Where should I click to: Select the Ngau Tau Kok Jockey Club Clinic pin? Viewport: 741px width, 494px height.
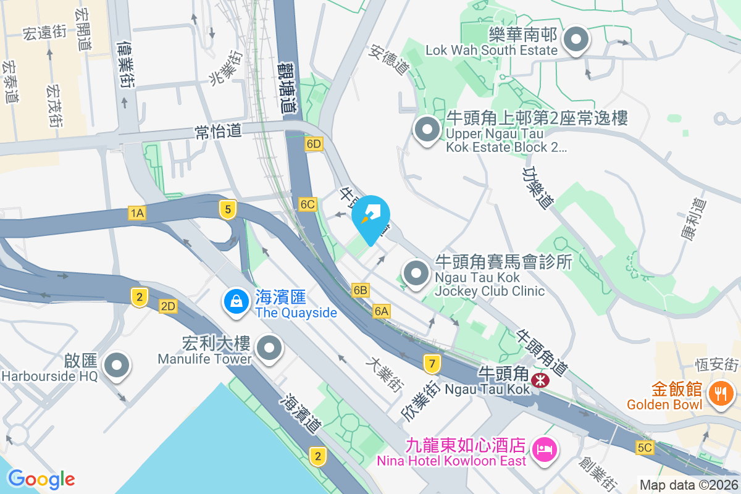pos(416,273)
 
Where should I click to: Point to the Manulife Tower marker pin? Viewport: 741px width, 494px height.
pos(269,348)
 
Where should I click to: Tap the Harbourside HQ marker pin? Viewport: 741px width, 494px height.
pos(117,365)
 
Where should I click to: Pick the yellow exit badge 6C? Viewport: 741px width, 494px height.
pos(308,204)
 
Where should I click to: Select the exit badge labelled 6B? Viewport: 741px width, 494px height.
pos(361,290)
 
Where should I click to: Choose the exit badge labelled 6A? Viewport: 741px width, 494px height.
pos(382,312)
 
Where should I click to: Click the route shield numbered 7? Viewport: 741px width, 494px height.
pos(432,364)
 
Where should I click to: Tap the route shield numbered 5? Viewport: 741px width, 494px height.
pos(228,210)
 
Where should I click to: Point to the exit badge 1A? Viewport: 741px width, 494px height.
pos(137,214)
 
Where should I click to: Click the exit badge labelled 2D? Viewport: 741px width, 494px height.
pos(168,306)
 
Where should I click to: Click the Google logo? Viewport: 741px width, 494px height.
pos(41,479)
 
